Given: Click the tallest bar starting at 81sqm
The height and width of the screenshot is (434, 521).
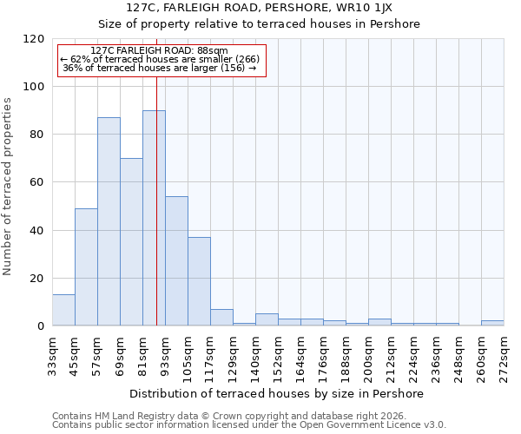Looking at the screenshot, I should (154, 218).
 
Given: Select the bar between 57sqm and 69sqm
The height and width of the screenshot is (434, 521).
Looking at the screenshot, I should (109, 221).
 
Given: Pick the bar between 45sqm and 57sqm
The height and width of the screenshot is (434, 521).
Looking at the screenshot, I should (86, 266).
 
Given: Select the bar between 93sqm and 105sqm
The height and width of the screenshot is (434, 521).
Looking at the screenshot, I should (176, 260).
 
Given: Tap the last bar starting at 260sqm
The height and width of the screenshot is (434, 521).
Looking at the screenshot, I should (492, 323).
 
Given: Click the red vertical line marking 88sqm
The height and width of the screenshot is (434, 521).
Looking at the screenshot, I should (156, 174).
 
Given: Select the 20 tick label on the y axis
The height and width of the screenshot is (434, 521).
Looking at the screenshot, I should (37, 279).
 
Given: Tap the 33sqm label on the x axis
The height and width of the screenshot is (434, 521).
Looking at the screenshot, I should (53, 352).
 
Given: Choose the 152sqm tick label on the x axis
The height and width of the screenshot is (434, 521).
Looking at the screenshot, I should (279, 355).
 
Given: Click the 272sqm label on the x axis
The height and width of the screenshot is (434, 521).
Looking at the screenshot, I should (504, 355).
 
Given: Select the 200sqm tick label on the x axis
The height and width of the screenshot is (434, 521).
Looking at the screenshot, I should (369, 355).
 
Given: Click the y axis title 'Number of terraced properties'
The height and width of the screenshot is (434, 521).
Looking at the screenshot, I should (9, 186).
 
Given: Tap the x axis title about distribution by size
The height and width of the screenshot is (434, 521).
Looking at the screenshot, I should (278, 393).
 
